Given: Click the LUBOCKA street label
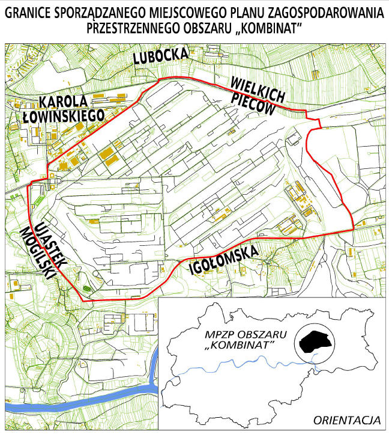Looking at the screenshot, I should [x=161, y=57].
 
